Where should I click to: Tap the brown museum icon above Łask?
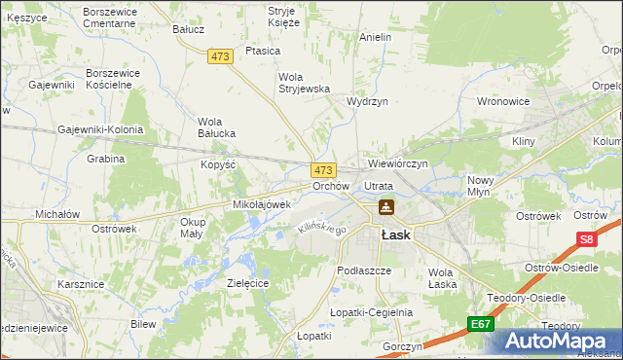tap(386, 207)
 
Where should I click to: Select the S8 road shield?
tap(586, 239)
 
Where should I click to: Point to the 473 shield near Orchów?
tap(324, 169)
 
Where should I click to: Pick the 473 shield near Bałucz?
tap(220, 57)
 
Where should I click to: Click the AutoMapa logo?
tap(558, 341)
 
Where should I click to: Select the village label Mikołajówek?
tap(262, 204)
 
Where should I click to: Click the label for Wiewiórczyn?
tap(398, 163)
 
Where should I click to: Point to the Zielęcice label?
tap(247, 282)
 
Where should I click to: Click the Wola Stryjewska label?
tap(306, 82)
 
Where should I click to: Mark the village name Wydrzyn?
tap(367, 101)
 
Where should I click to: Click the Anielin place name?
tap(375, 37)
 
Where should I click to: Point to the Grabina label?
tap(106, 158)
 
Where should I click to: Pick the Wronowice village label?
tap(502, 100)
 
